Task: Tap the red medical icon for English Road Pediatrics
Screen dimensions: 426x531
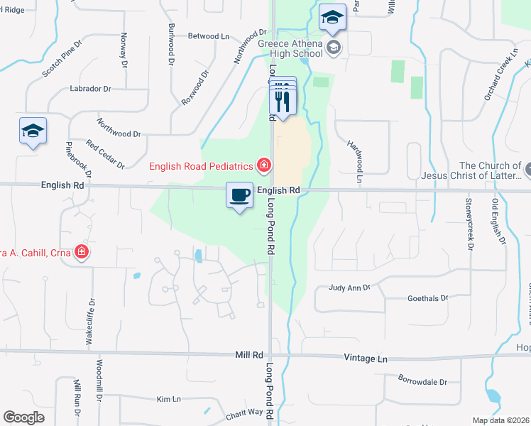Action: pyautogui.click(x=263, y=165)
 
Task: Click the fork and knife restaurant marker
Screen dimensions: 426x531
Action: pyautogui.click(x=285, y=102)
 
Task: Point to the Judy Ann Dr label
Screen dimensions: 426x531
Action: pyautogui.click(x=349, y=288)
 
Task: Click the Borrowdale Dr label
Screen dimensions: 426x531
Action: pyautogui.click(x=422, y=381)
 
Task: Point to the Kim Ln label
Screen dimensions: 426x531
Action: pyautogui.click(x=169, y=400)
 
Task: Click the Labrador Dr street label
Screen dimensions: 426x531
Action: pyautogui.click(x=90, y=89)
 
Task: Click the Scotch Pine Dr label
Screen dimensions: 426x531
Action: pyautogui.click(x=62, y=58)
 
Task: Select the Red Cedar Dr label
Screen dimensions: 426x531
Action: pyautogui.click(x=105, y=154)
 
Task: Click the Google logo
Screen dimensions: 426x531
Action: pyautogui.click(x=23, y=417)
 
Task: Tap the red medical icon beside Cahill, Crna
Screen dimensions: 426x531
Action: pyautogui.click(x=82, y=251)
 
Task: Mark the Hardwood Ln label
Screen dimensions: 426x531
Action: pyautogui.click(x=354, y=162)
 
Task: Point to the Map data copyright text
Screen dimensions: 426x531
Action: pyautogui.click(x=501, y=420)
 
